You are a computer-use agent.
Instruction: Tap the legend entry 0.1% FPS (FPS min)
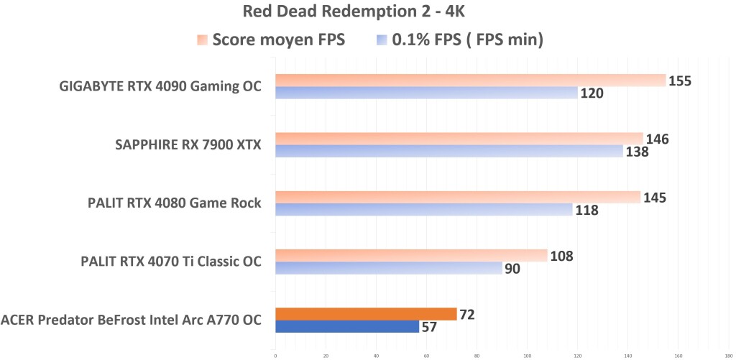459,40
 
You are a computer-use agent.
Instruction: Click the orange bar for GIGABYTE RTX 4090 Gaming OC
471,80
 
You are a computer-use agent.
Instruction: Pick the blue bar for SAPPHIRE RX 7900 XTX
449,151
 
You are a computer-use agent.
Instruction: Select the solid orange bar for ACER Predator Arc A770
366,314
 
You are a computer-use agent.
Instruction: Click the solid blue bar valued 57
347,326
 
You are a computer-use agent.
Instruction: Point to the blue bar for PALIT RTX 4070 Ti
389,268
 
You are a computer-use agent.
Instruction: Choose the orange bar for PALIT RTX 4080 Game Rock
458,197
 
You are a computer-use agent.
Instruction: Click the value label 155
680,81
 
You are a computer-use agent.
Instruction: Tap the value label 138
637,152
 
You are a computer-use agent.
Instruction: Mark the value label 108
561,255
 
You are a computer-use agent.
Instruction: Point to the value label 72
468,314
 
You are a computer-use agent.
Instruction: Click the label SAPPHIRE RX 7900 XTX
188,145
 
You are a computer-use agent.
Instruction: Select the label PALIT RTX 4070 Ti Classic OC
171,262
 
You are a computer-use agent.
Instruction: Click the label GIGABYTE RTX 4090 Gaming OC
160,87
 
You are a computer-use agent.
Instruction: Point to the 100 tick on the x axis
528,354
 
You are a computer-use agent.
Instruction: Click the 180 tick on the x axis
729,354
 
